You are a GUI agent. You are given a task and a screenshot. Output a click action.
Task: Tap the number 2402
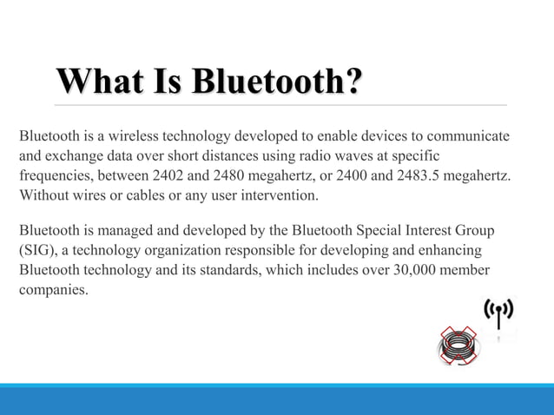(x=169, y=176)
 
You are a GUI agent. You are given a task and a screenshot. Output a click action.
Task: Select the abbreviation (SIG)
(x=36, y=251)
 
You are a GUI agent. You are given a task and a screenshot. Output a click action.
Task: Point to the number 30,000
(x=391, y=271)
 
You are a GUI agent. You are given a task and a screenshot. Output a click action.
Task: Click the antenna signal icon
(x=498, y=313)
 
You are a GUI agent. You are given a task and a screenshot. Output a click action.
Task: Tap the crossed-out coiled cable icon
(x=458, y=346)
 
